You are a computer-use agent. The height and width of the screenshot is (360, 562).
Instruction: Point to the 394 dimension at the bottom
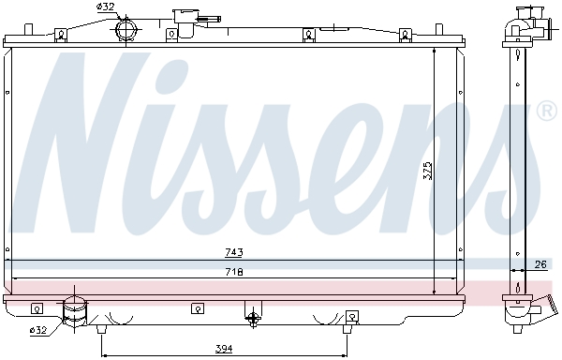click(x=224, y=350)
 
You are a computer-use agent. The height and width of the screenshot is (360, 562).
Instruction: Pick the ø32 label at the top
click(x=105, y=7)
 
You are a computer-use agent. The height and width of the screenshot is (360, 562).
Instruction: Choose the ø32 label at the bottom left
click(x=38, y=329)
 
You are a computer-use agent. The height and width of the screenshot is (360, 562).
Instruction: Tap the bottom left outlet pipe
click(x=73, y=313)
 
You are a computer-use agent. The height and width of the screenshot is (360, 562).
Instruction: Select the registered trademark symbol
click(x=547, y=112)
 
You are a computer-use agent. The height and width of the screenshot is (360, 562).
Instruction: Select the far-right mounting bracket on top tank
click(x=405, y=36)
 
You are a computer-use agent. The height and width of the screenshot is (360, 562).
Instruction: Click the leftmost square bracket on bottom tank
click(x=37, y=307)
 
